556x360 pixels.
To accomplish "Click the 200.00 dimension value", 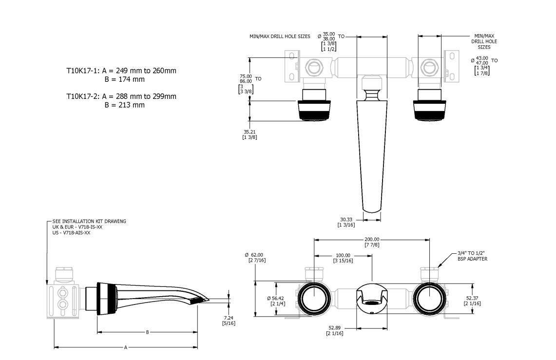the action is tap(372, 240).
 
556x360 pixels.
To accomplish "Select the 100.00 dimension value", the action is tap(343, 255).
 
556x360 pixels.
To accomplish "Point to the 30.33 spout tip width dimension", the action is tap(346, 220).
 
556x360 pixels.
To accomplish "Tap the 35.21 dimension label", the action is tap(249, 132).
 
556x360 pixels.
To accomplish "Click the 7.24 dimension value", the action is tap(229, 318).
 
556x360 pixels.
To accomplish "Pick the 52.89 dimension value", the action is tap(334, 328).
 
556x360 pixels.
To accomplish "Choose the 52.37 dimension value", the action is tap(472, 298).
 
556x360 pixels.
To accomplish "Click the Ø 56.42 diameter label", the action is tap(276, 298).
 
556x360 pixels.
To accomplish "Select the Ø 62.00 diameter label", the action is tap(254, 255).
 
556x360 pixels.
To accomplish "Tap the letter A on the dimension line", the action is tap(126, 348).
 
